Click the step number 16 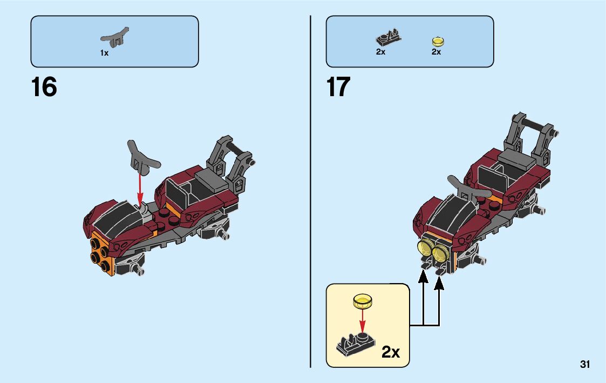point(44,87)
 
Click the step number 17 point(338,87)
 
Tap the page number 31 point(585,365)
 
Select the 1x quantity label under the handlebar point(104,53)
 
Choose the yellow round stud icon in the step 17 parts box point(437,41)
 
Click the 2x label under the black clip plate point(380,52)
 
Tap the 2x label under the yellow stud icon point(436,52)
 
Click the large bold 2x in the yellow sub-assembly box point(391,352)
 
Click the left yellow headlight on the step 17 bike point(426,249)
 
